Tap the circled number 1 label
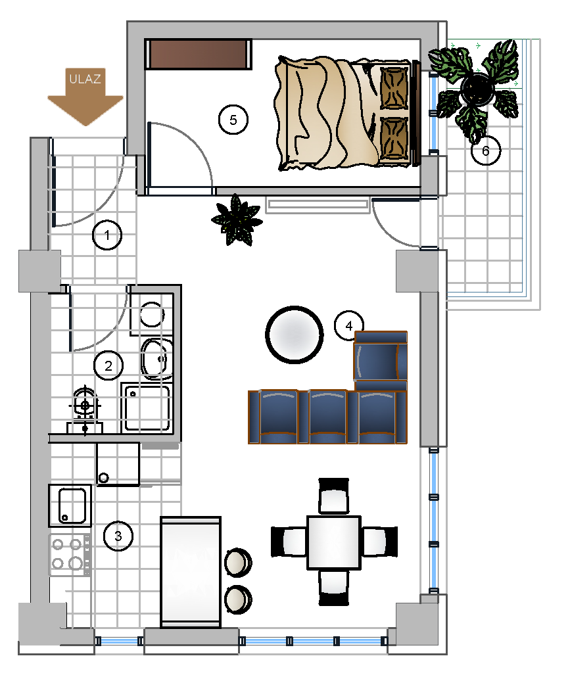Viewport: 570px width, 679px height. (x=107, y=235)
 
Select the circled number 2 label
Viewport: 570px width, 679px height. (x=108, y=365)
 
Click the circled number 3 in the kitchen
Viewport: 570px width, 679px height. (x=118, y=536)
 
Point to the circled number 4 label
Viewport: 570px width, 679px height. (x=348, y=325)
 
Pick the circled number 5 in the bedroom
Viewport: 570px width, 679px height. (x=233, y=120)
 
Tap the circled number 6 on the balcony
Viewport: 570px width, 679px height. (x=485, y=151)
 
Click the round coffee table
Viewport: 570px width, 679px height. (x=294, y=334)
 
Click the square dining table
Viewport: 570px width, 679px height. (x=334, y=542)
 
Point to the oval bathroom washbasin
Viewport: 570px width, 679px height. (x=156, y=359)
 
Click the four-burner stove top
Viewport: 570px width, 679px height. (x=69, y=553)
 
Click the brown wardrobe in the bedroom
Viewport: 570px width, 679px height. (x=199, y=54)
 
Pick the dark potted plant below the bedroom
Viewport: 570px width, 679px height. (x=235, y=220)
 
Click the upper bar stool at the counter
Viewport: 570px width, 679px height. (x=237, y=562)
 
